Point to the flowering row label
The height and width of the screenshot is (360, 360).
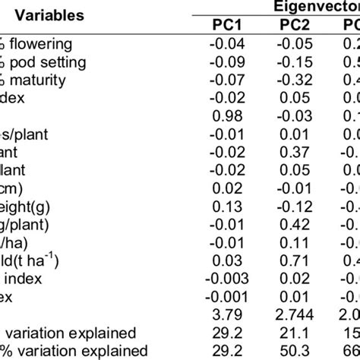[x=47, y=44]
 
